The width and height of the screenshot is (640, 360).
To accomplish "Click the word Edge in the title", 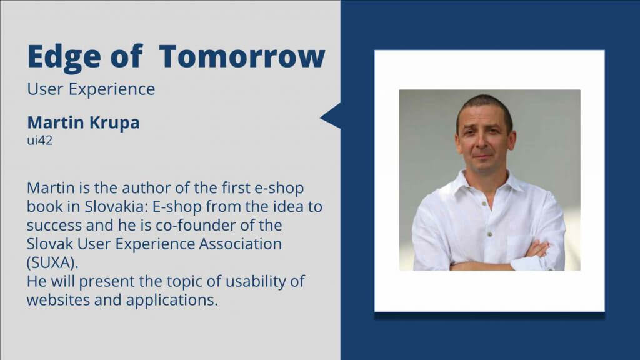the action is (64, 57).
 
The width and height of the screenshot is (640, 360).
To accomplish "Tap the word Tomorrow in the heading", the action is (242, 56).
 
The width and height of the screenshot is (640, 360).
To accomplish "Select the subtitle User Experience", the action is (91, 89).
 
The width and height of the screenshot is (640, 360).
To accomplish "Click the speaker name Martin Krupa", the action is (83, 122).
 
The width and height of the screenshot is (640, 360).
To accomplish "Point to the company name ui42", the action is (39, 141).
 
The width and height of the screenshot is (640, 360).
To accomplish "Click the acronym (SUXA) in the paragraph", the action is (52, 262).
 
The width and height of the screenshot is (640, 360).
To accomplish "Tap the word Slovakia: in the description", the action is (116, 206).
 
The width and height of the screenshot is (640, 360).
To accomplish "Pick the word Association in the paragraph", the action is (241, 244).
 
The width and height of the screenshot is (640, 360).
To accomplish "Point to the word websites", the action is (58, 301).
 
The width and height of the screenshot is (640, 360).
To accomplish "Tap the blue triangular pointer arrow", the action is (331, 116).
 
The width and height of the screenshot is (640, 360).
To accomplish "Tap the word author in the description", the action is (146, 188).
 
